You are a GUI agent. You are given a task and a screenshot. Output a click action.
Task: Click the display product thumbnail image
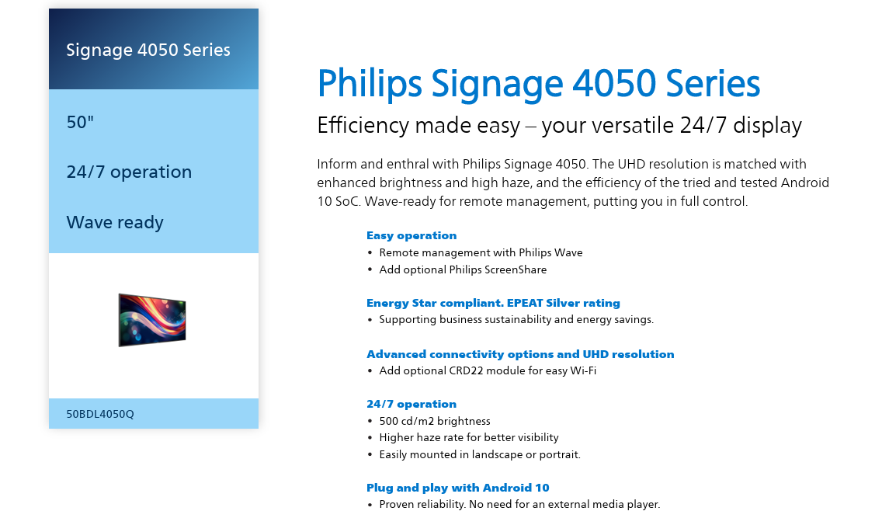click(x=152, y=319)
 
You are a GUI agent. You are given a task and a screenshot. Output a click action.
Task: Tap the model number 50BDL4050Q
click(x=100, y=414)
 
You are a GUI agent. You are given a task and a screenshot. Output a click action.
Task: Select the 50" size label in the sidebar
click(x=80, y=122)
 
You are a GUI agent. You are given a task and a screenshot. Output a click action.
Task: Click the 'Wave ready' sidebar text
click(x=115, y=222)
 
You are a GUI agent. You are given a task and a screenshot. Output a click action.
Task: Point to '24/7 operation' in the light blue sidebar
click(x=129, y=172)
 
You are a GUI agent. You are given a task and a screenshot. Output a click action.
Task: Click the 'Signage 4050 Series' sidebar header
click(x=148, y=50)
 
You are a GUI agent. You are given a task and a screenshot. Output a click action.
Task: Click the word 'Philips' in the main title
click(x=370, y=84)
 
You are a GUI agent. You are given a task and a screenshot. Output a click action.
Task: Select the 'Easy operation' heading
click(x=411, y=235)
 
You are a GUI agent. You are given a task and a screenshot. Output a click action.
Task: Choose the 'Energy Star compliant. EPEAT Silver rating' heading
click(x=493, y=303)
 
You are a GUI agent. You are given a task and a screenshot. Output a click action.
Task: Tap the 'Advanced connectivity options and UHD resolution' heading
click(x=520, y=354)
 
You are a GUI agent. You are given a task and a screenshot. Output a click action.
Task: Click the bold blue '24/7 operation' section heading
click(x=411, y=404)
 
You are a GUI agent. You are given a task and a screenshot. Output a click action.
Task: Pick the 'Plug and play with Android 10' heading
click(x=458, y=488)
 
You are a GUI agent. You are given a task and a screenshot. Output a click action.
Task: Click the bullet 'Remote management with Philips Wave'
click(x=481, y=252)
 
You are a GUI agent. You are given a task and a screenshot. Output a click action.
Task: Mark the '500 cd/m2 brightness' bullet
click(x=435, y=421)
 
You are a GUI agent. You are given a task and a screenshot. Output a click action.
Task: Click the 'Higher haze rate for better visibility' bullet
click(x=469, y=437)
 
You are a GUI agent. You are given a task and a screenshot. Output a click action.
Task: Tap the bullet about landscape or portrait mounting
click(x=480, y=454)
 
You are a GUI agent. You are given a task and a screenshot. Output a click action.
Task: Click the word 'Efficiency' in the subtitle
click(x=363, y=125)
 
